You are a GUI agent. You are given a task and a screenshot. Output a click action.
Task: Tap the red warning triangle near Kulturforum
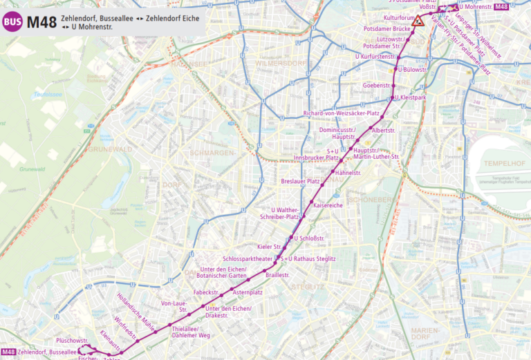[x=418, y=22]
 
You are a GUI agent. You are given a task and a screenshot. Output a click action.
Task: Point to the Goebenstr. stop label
[x=377, y=86]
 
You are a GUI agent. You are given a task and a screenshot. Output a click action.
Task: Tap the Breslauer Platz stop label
[x=300, y=182]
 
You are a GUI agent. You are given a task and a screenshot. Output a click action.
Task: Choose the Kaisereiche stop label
[x=328, y=205]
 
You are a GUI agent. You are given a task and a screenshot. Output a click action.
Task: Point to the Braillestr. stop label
[x=277, y=275]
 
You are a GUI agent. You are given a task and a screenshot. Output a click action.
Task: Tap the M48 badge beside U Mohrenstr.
[x=502, y=7]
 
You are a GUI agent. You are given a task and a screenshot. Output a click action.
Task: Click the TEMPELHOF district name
[x=485, y=163]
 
